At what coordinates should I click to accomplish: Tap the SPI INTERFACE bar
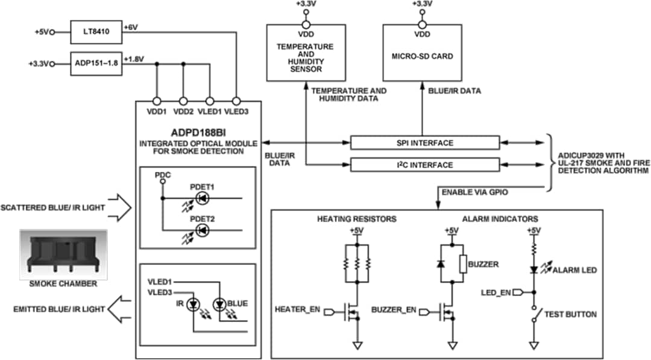tap(425, 143)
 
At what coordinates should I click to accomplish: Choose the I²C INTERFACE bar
tap(425, 165)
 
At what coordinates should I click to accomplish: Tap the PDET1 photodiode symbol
tap(203, 197)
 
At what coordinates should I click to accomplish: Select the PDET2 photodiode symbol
tap(203, 230)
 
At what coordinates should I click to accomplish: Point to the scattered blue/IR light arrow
tap(121, 208)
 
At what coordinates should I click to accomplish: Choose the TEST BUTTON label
tap(570, 314)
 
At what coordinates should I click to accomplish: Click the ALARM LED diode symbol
tap(533, 270)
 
